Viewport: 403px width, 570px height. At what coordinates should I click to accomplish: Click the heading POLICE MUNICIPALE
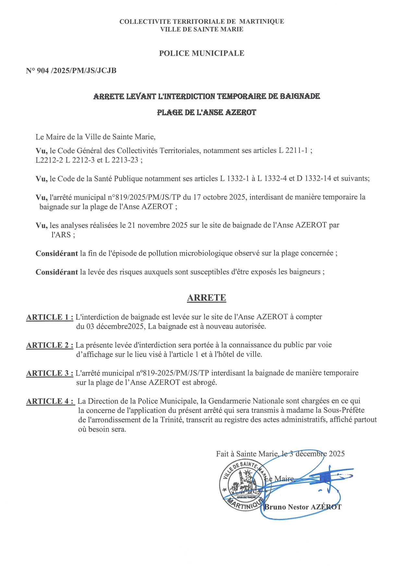coord(201,53)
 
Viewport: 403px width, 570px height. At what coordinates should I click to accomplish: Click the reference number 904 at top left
coord(43,71)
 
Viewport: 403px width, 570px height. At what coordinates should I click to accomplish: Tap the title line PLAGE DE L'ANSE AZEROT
coord(206,113)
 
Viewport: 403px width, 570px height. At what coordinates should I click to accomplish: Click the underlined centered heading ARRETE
coord(206,298)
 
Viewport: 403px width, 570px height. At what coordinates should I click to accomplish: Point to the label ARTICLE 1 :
coord(50,317)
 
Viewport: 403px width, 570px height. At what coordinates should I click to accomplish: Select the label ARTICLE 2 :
coord(50,345)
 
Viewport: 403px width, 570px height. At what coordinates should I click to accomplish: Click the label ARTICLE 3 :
coord(50,374)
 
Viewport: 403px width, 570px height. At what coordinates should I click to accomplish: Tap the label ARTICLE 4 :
coord(50,401)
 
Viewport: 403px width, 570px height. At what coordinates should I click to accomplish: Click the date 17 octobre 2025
coord(219,197)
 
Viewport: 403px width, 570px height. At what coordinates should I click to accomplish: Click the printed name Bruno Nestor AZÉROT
coord(303,507)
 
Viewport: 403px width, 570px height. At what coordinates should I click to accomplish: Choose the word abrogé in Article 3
coord(205,383)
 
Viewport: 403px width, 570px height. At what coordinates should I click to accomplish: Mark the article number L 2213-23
coord(122,160)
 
